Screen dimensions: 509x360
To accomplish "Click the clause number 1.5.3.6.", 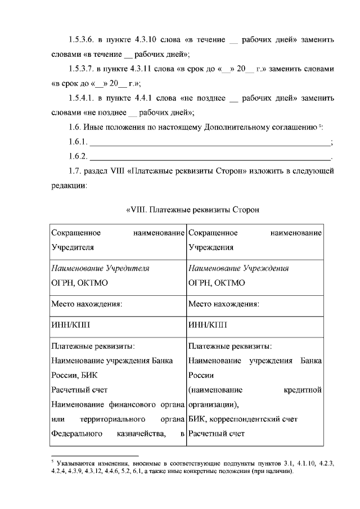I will [x=80, y=40].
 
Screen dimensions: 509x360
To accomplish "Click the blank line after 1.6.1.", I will [x=211, y=141].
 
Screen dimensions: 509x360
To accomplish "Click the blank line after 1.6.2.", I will [x=211, y=155].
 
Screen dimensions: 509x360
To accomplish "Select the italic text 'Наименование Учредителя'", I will [x=100, y=268].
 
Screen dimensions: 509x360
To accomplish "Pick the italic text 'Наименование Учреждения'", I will [x=238, y=268].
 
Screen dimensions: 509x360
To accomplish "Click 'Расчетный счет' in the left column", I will [x=79, y=389].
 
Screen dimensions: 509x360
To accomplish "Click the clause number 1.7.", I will [x=74, y=170].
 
